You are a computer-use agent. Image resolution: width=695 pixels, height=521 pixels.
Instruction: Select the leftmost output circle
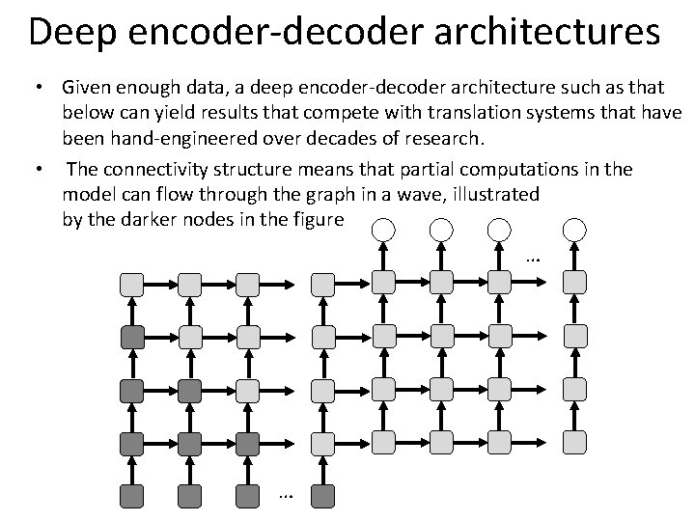[x=384, y=230]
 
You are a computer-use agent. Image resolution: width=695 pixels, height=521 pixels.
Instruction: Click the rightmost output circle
[x=575, y=230]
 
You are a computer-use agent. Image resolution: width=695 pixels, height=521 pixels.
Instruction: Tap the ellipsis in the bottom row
[x=285, y=495]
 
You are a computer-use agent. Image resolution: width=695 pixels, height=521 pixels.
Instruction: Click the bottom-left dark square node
[x=131, y=496]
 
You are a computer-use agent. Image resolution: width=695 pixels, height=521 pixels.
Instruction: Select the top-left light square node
[x=131, y=284]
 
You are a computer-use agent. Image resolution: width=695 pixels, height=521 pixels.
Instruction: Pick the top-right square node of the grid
[x=575, y=282]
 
